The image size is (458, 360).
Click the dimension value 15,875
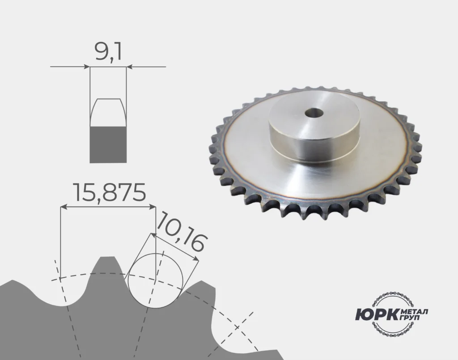pyautogui.click(x=110, y=192)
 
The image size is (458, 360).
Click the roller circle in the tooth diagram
pyautogui.click(x=155, y=281)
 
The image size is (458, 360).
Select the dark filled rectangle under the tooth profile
pyautogui.click(x=108, y=144)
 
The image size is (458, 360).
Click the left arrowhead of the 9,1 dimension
pyautogui.click(x=87, y=67)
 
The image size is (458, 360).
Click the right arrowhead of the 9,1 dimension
pyautogui.click(x=129, y=67)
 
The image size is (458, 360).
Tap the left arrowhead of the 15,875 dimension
pyautogui.click(x=63, y=207)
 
